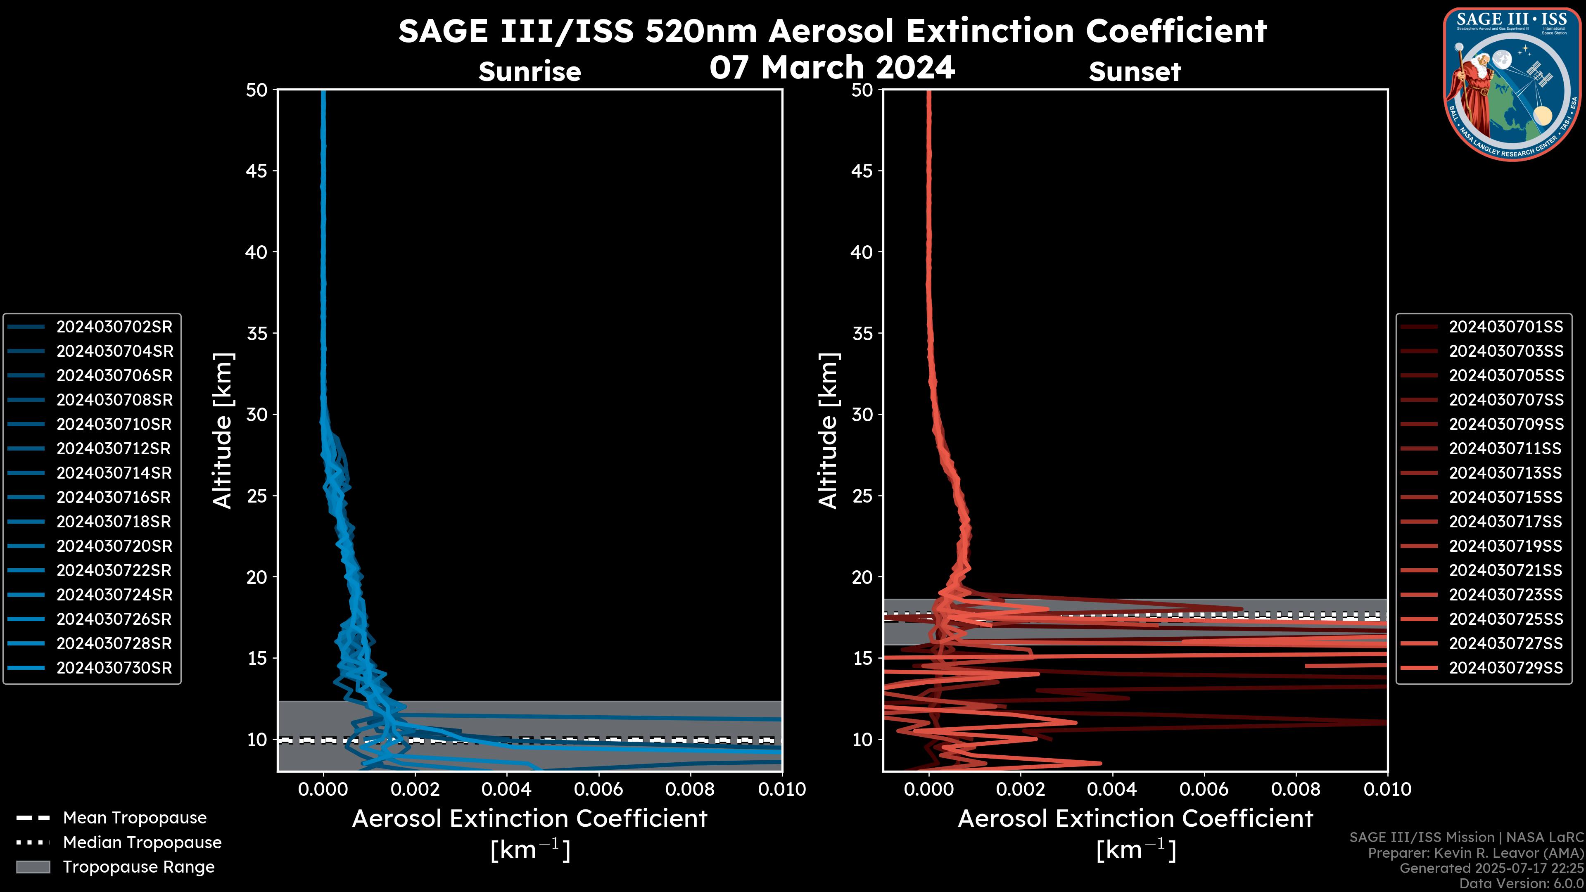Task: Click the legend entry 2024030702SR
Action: pos(114,327)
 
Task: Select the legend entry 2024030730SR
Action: pos(114,668)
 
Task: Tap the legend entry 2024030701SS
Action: pos(1505,327)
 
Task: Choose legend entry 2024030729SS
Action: pos(1505,668)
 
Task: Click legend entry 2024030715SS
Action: pos(1505,497)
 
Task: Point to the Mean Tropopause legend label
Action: pos(135,818)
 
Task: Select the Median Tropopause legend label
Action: pos(142,843)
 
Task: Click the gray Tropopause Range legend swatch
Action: pos(33,867)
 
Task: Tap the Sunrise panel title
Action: pos(529,71)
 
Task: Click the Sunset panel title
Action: pos(1135,71)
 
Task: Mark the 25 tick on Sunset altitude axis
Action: pos(862,496)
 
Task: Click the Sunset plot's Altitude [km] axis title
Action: pos(828,430)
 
